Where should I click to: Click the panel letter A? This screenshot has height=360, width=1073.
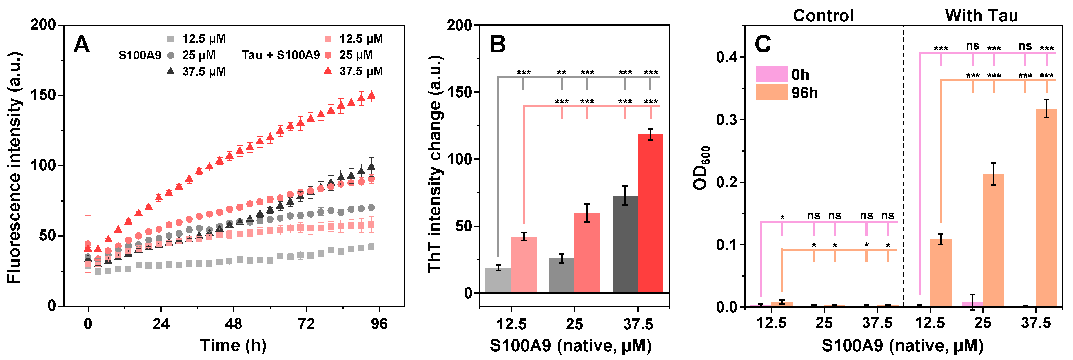[82, 44]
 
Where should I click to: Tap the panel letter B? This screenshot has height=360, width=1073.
[497, 44]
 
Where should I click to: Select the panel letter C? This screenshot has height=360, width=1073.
[763, 44]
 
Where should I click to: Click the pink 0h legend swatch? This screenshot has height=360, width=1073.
[772, 74]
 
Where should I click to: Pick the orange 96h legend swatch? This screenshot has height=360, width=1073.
[772, 92]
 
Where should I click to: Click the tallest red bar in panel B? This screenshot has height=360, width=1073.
[650, 213]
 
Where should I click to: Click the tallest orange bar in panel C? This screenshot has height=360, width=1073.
[1046, 207]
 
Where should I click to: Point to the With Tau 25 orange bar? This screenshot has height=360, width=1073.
[994, 240]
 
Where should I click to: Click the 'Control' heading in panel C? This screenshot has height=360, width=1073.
[823, 16]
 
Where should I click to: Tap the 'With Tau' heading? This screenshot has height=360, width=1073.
[981, 16]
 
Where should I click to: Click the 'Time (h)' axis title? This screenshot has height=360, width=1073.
[233, 345]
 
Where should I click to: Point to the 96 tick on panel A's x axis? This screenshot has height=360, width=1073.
[379, 324]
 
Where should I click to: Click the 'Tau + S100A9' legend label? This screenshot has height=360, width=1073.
[281, 55]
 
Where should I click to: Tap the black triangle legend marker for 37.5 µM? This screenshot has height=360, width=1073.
[170, 71]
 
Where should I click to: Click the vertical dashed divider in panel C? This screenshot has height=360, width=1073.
[903, 167]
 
